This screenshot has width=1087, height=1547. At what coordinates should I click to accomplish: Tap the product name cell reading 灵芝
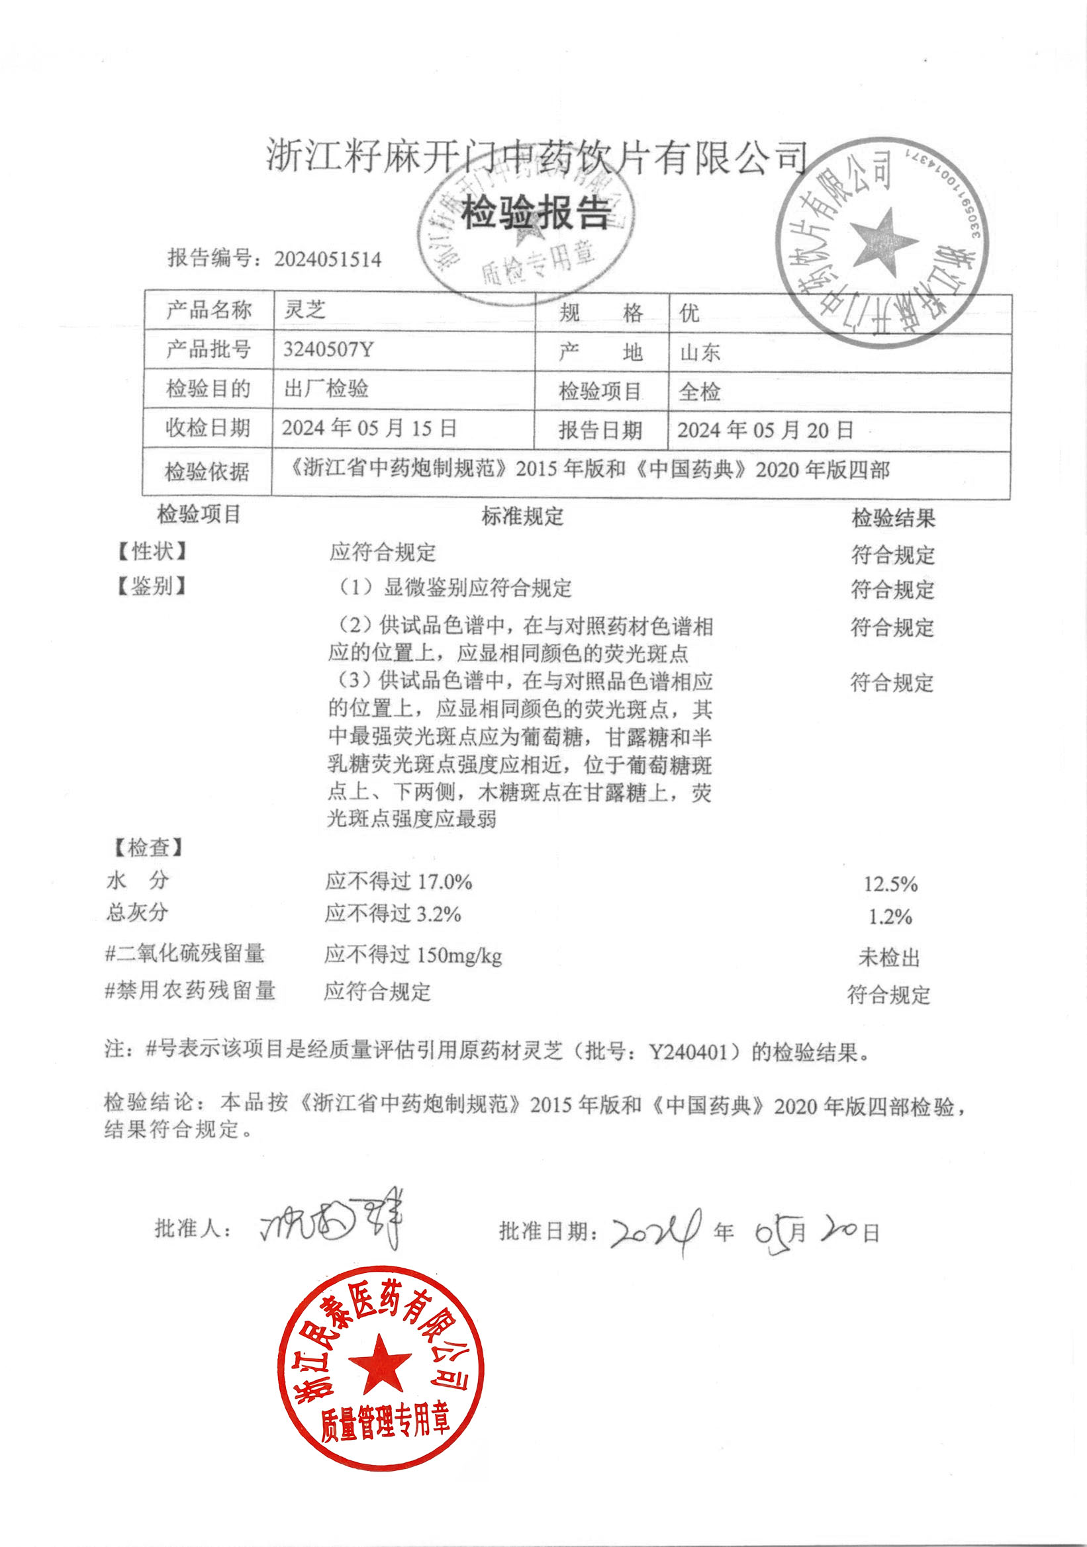click(305, 310)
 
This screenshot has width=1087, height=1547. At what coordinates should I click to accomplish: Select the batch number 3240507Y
click(328, 349)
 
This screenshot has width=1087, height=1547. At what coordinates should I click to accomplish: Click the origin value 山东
click(700, 353)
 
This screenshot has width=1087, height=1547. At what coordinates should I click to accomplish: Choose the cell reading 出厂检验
click(326, 389)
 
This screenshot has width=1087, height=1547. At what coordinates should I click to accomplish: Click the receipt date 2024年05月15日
click(369, 428)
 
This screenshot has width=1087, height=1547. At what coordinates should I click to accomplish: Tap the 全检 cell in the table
click(700, 392)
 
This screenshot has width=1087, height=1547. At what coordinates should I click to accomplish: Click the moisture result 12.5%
click(890, 884)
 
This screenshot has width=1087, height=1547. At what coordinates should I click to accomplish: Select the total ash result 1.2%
click(890, 917)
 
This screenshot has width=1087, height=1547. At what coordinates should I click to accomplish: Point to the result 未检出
click(889, 957)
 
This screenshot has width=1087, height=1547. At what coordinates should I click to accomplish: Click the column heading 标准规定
click(522, 517)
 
